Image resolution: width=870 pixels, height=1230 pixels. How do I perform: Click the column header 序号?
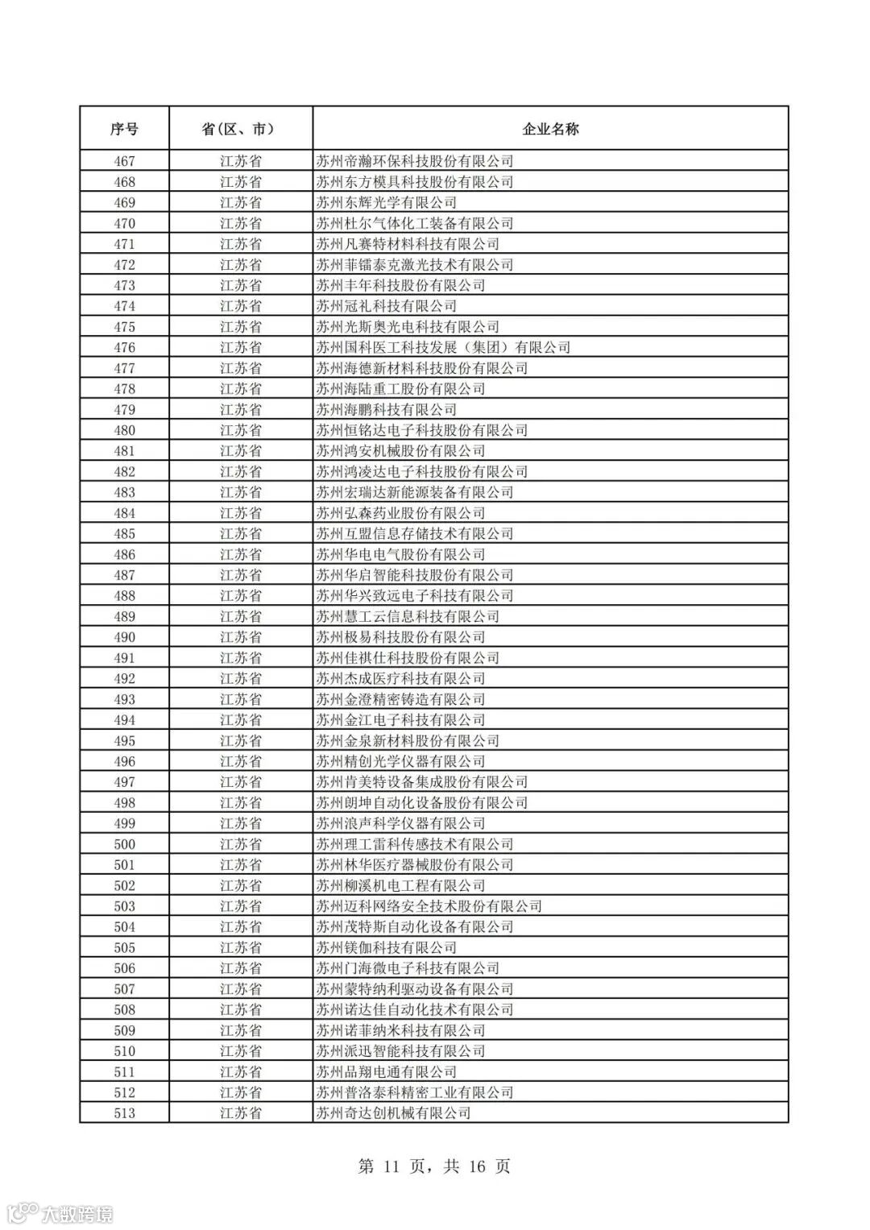click(124, 129)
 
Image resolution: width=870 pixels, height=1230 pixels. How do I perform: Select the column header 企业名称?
click(550, 129)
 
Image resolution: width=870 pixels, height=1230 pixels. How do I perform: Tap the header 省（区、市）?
click(240, 129)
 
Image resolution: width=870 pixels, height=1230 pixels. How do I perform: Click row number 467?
click(124, 161)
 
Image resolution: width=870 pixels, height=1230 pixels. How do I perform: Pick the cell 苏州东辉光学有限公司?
click(386, 203)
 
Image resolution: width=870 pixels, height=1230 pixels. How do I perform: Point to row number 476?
click(124, 348)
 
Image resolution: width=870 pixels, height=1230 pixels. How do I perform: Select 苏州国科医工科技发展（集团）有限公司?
click(443, 348)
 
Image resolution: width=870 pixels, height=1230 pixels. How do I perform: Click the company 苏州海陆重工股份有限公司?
click(400, 389)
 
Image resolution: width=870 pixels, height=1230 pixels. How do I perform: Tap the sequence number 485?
click(124, 534)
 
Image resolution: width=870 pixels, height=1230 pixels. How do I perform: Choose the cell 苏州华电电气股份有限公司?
click(400, 555)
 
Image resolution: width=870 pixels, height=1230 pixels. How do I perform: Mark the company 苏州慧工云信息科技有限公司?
click(408, 617)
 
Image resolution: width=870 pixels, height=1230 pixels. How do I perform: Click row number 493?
click(124, 700)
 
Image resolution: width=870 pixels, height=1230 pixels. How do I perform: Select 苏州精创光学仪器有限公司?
click(400, 762)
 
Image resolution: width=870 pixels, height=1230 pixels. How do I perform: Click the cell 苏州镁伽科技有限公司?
click(386, 948)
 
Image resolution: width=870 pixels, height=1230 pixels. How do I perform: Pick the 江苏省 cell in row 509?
click(240, 1031)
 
